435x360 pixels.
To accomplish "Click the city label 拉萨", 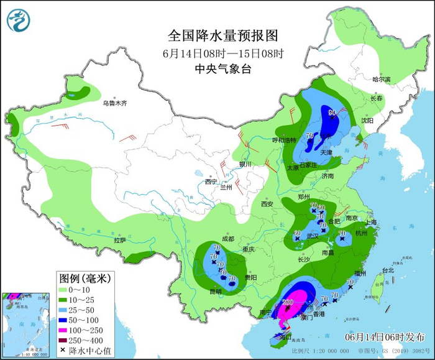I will pyautogui.click(x=119, y=240).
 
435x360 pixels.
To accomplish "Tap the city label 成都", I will pyautogui.click(x=228, y=239).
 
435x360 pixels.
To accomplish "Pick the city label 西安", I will pyautogui.click(x=267, y=203).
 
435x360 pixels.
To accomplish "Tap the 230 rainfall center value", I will pyautogui.click(x=288, y=302).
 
